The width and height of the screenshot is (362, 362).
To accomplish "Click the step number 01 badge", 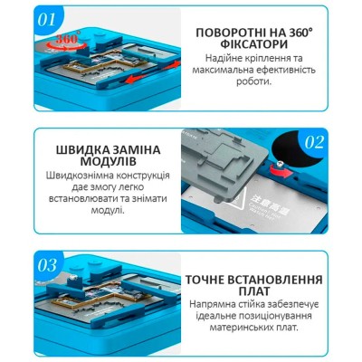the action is click(48, 19).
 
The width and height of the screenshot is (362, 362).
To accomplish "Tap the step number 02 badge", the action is click(314, 143).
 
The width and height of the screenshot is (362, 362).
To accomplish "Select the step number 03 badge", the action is click(48, 265).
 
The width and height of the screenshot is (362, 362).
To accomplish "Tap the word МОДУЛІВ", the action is click(109, 162).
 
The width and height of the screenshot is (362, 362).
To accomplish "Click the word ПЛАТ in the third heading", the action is click(253, 291).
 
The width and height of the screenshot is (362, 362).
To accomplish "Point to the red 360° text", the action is click(67, 38).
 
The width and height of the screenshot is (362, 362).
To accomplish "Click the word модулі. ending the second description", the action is click(108, 210).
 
